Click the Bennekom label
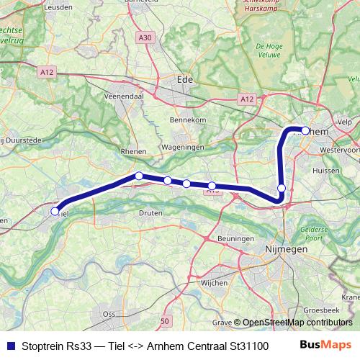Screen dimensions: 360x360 (x=188, y=120)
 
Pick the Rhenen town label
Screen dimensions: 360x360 (x=134, y=151)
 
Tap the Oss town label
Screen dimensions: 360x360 (x=109, y=314)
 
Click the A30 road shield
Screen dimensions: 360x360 (x=145, y=37)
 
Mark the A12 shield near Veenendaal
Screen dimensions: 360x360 (x=48, y=71)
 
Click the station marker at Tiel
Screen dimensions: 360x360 (x=55, y=211)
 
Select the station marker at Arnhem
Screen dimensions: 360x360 (x=305, y=131)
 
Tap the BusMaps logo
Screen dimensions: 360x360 (x=325, y=345)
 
